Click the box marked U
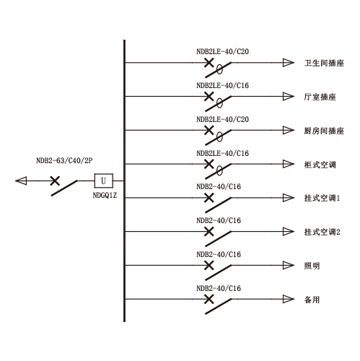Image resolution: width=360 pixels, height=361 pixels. tap(103, 180)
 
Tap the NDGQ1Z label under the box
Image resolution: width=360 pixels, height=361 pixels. tap(105, 195)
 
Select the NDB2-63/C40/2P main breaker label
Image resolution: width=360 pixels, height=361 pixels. tap(64, 160)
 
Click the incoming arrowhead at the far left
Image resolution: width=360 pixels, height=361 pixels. tap(21, 180)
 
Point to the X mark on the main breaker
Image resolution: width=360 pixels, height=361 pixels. tap(55, 180)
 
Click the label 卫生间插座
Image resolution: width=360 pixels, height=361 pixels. tap(324, 63)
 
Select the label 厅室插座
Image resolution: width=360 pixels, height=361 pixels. tap(320, 97)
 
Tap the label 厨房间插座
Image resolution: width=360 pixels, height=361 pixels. tap(324, 131)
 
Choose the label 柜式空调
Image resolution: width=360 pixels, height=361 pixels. tap(320, 165)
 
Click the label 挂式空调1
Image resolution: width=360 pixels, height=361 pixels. tap(322, 198)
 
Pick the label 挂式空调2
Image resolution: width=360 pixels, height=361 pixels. tap(322, 232)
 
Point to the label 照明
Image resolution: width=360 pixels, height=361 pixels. tap(312, 266)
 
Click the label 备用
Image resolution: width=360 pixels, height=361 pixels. tap(312, 300)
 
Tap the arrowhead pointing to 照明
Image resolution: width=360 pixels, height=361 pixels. tap(289, 265)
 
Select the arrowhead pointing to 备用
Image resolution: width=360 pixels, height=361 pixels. tap(289, 299)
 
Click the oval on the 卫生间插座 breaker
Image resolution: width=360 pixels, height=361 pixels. tap(219, 69)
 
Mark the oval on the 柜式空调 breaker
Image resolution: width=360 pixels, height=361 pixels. tap(219, 171)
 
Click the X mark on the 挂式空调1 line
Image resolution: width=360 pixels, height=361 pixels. tap(209, 198)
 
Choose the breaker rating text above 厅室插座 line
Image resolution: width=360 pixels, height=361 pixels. tap(222, 85)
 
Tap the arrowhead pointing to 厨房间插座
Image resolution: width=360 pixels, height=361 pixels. tap(289, 130)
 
